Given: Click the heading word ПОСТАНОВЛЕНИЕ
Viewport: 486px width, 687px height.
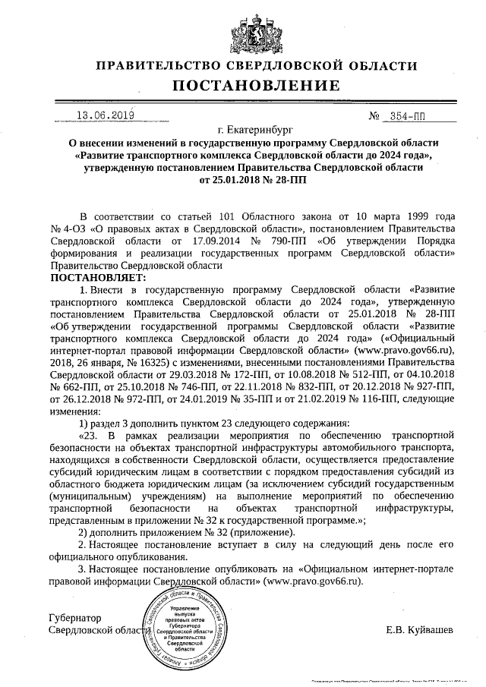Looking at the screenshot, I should (244, 85).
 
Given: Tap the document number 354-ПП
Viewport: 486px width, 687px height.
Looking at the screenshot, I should (407, 117).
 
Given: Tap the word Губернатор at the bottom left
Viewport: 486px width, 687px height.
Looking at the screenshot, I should (74, 618).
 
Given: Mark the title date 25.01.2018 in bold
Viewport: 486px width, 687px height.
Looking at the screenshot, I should (226, 181).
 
